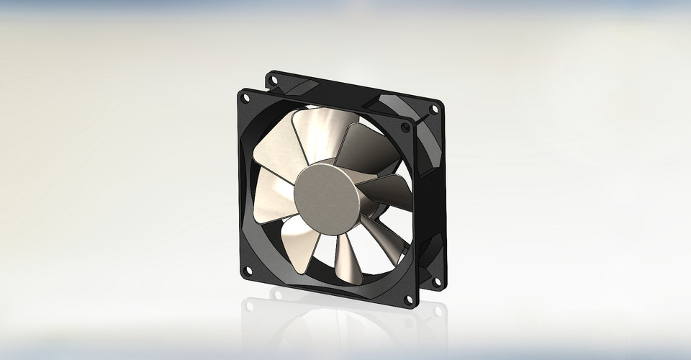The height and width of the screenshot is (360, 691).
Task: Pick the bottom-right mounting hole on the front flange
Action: coord(409,298)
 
